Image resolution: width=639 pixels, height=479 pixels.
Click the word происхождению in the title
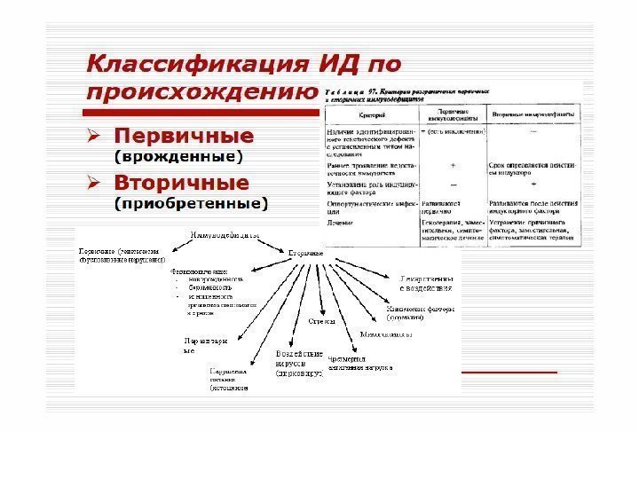(x=201, y=92)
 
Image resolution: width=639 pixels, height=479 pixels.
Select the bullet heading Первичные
(x=181, y=138)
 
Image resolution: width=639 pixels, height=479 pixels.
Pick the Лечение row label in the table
(x=336, y=224)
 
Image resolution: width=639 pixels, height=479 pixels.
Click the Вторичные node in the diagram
(x=306, y=254)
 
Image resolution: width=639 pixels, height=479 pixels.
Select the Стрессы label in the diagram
(x=321, y=321)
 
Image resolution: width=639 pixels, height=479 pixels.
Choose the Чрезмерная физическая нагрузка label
(x=359, y=362)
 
